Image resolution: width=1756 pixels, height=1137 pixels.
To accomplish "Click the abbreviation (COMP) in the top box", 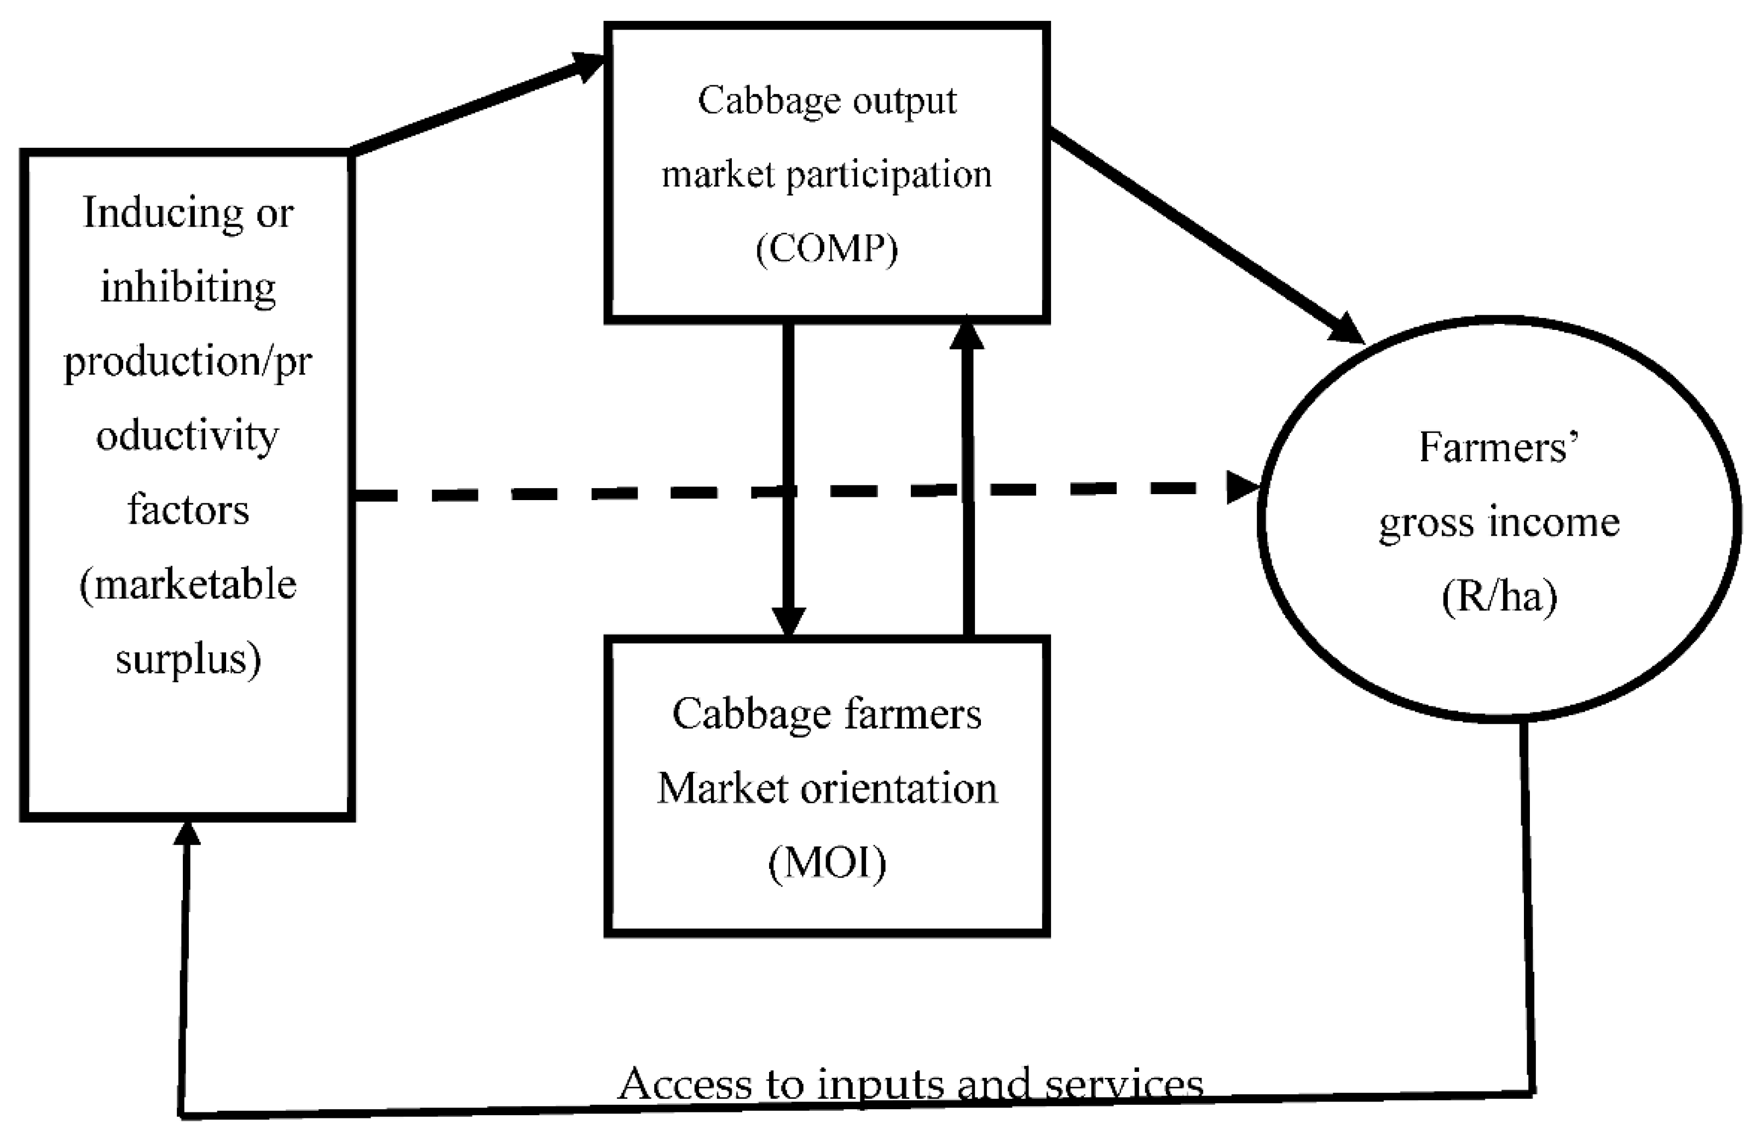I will (x=827, y=249).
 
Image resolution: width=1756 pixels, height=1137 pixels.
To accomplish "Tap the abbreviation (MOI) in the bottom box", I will (x=827, y=863).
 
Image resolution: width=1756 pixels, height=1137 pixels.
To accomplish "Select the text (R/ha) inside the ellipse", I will (x=1499, y=596).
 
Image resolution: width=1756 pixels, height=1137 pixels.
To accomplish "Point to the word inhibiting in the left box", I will (x=188, y=288).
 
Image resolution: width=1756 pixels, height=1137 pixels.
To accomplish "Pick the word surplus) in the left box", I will (x=188, y=658).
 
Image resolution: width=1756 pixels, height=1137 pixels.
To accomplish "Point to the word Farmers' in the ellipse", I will (x=1498, y=448).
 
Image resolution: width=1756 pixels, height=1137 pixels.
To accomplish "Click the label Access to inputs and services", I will (x=910, y=1084).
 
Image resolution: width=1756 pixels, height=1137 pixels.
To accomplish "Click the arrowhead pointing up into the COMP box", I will (x=967, y=333).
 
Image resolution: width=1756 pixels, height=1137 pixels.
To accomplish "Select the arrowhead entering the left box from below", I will (x=187, y=833).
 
